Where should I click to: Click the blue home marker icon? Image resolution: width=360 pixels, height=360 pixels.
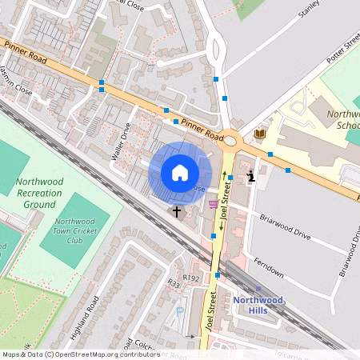coord(180,173)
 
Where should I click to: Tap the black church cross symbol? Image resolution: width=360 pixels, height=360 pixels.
coord(176,211)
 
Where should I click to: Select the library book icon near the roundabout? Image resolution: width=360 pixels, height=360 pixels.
coord(259,134)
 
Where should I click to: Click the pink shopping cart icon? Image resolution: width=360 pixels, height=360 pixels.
coord(212,204)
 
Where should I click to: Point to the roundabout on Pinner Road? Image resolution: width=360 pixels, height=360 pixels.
coord(230,141)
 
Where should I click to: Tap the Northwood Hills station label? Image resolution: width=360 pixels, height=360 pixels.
coord(258,304)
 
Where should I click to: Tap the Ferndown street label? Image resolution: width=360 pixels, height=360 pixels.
coord(268,267)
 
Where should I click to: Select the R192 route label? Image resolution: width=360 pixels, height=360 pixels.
coord(190,278)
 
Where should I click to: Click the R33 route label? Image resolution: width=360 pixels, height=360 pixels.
coord(174,283)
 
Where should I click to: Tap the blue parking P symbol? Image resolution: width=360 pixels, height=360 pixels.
coord(179,311)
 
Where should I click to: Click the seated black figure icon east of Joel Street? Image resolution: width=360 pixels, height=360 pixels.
coord(251,175)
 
